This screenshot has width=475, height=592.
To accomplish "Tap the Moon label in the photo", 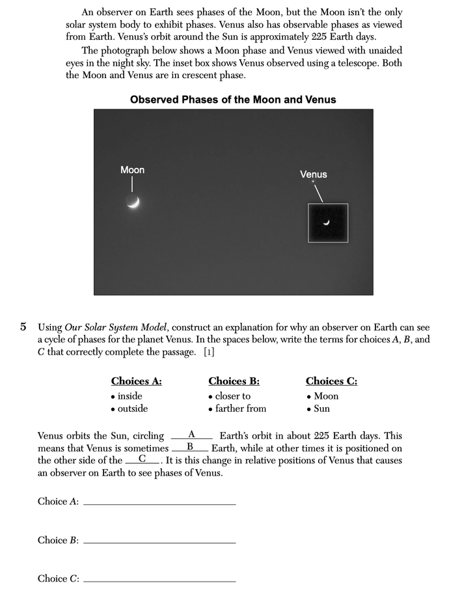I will [x=132, y=170].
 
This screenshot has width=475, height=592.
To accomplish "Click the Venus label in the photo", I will [x=313, y=174].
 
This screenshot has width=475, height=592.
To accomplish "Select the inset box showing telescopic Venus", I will [x=328, y=223].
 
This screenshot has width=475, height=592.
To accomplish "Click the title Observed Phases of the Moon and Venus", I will [x=233, y=100].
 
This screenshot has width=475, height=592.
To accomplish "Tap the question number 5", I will [x=23, y=327].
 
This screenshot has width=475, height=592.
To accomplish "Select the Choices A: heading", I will [x=136, y=381].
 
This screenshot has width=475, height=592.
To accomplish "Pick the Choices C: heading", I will [x=331, y=381].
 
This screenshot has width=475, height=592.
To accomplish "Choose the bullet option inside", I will [x=129, y=396].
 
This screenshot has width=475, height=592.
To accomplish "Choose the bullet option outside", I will [x=132, y=409].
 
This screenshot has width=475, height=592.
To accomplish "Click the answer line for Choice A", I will [x=159, y=503].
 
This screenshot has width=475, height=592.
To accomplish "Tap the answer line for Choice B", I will [x=159, y=542].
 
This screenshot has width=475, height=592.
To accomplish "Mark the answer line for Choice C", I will [x=159, y=580].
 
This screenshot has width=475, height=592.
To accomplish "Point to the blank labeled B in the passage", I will [x=190, y=448].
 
